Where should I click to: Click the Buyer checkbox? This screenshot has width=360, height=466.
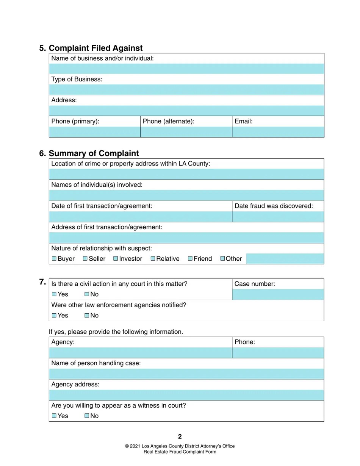point(54,258)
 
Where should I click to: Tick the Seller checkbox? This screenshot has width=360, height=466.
point(85,258)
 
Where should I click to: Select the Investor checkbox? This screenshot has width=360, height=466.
point(116,258)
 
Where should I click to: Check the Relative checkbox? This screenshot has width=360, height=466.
point(153,258)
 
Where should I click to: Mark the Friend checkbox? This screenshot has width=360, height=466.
point(190,258)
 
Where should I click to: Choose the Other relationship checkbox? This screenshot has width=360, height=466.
point(223,258)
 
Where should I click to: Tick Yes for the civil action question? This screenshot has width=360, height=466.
point(54,294)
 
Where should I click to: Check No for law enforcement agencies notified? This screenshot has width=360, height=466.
point(87,315)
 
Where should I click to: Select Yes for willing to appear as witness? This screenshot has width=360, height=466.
point(54,416)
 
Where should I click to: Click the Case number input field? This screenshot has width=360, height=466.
point(278,294)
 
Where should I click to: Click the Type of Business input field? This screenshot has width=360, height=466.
point(186,90)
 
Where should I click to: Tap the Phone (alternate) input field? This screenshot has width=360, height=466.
point(186,132)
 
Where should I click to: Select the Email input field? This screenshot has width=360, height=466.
point(278,132)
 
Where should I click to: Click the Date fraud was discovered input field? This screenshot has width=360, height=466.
point(278,217)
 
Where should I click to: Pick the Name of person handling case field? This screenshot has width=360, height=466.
point(186,374)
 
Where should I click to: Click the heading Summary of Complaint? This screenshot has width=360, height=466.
point(94,153)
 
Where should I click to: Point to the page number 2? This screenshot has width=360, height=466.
point(180,436)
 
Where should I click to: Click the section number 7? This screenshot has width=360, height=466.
point(42,282)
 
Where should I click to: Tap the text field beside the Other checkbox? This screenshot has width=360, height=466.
point(285,259)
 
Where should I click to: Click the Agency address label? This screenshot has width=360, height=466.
point(75,384)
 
